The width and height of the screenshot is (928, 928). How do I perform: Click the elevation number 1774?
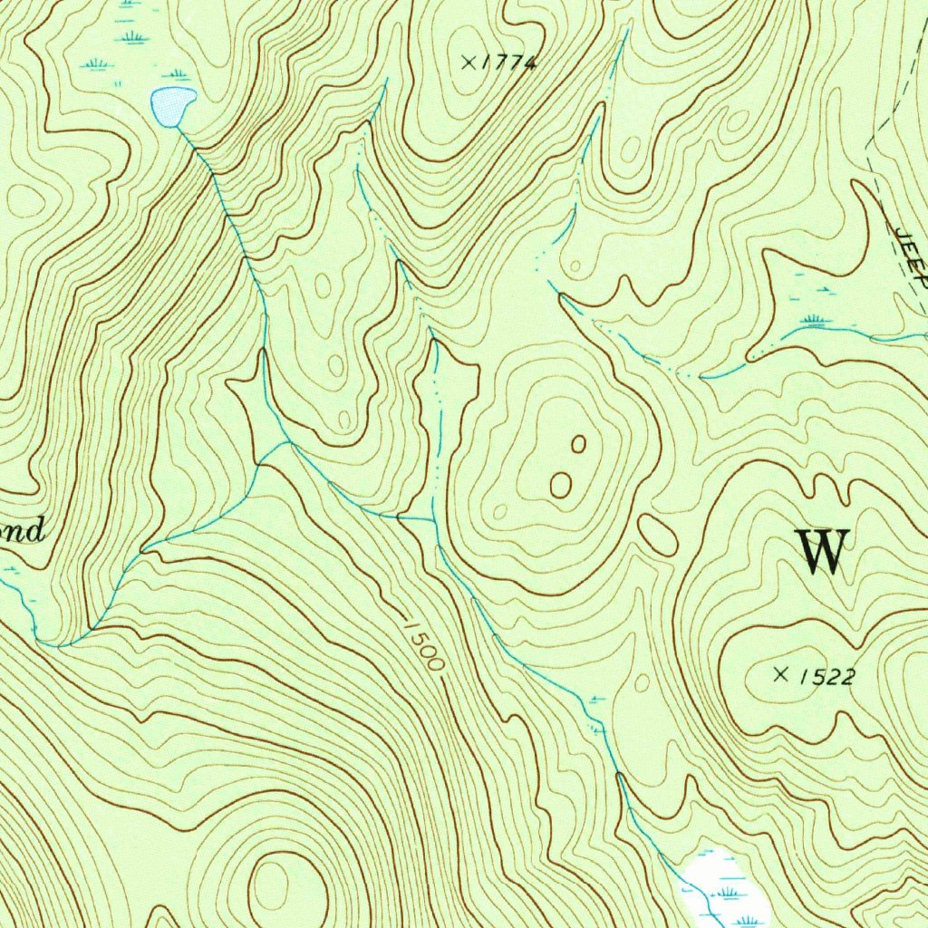pos(509,63)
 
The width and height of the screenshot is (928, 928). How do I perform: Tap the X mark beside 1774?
pos(469,62)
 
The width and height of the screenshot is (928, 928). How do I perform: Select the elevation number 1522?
pos(826,677)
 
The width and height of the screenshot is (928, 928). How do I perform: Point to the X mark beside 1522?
pos(781,673)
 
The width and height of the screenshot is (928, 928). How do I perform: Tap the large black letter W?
pos(823,551)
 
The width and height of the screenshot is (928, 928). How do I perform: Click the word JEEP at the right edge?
pos(912,258)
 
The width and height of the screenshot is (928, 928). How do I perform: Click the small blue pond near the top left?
pos(172,106)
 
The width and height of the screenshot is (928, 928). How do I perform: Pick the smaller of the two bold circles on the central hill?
pos(578,444)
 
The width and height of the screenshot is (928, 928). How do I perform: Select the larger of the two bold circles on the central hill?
pos(561,485)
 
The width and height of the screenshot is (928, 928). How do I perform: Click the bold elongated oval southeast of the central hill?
pos(657,535)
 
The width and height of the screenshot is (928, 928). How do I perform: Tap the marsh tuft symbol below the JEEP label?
pos(813,319)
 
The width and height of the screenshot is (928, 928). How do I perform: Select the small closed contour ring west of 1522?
pos(642,681)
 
